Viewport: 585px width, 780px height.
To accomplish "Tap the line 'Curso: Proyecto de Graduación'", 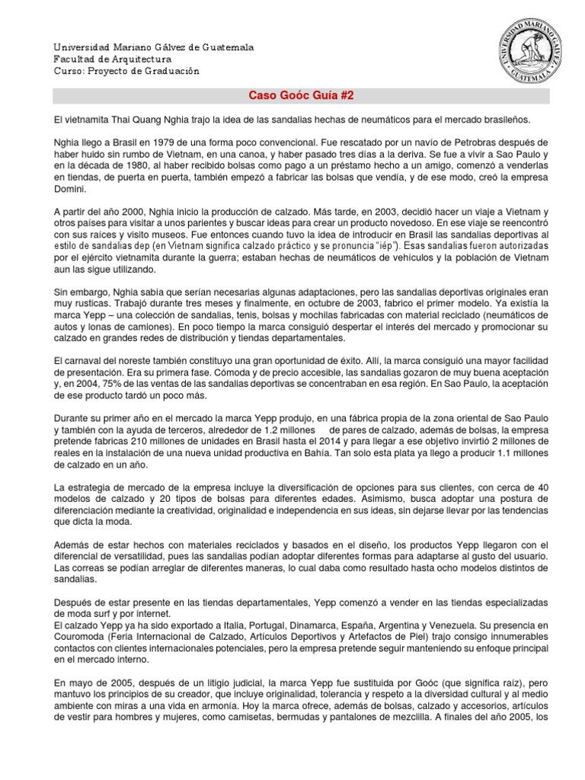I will [126, 71].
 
